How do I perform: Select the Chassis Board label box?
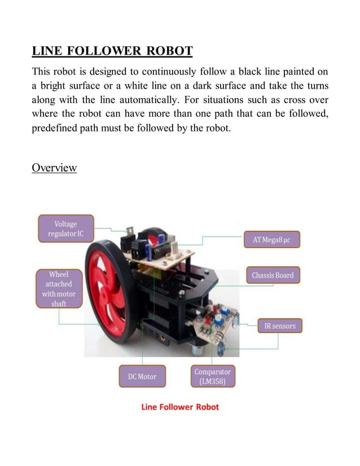pyautogui.click(x=273, y=275)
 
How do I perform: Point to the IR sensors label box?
pyautogui.click(x=280, y=326)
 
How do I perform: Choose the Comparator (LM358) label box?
pyautogui.click(x=213, y=376)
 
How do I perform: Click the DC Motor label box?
pyautogui.click(x=142, y=376)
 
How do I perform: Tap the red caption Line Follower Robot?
pyautogui.click(x=179, y=407)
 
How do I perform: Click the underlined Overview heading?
pyautogui.click(x=54, y=168)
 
